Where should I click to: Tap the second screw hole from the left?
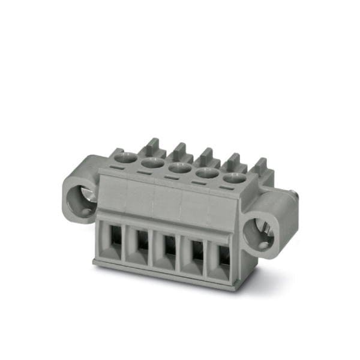point(152,162)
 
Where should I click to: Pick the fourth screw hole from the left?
point(207,173)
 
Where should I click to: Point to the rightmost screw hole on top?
point(235,178)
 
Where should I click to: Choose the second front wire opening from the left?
point(140,244)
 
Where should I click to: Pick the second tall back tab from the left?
point(179,150)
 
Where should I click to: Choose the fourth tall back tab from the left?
point(233,161)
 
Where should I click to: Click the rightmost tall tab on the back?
point(262,167)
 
